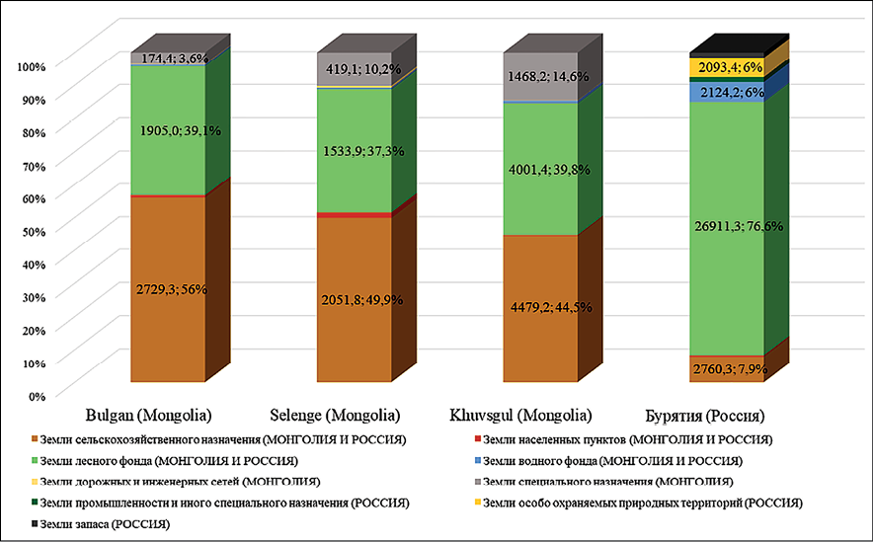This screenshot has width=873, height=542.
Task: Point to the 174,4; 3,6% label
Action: tap(168, 59)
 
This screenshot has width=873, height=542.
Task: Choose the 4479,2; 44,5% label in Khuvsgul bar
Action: tap(540, 307)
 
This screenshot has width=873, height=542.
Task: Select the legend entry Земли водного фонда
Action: tap(573, 460)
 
